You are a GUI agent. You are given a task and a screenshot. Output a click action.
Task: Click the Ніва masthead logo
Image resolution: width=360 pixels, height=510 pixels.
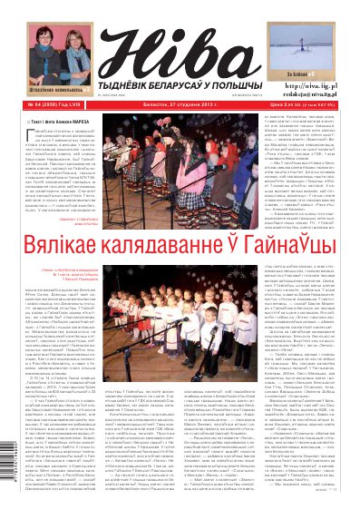(180, 43)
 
